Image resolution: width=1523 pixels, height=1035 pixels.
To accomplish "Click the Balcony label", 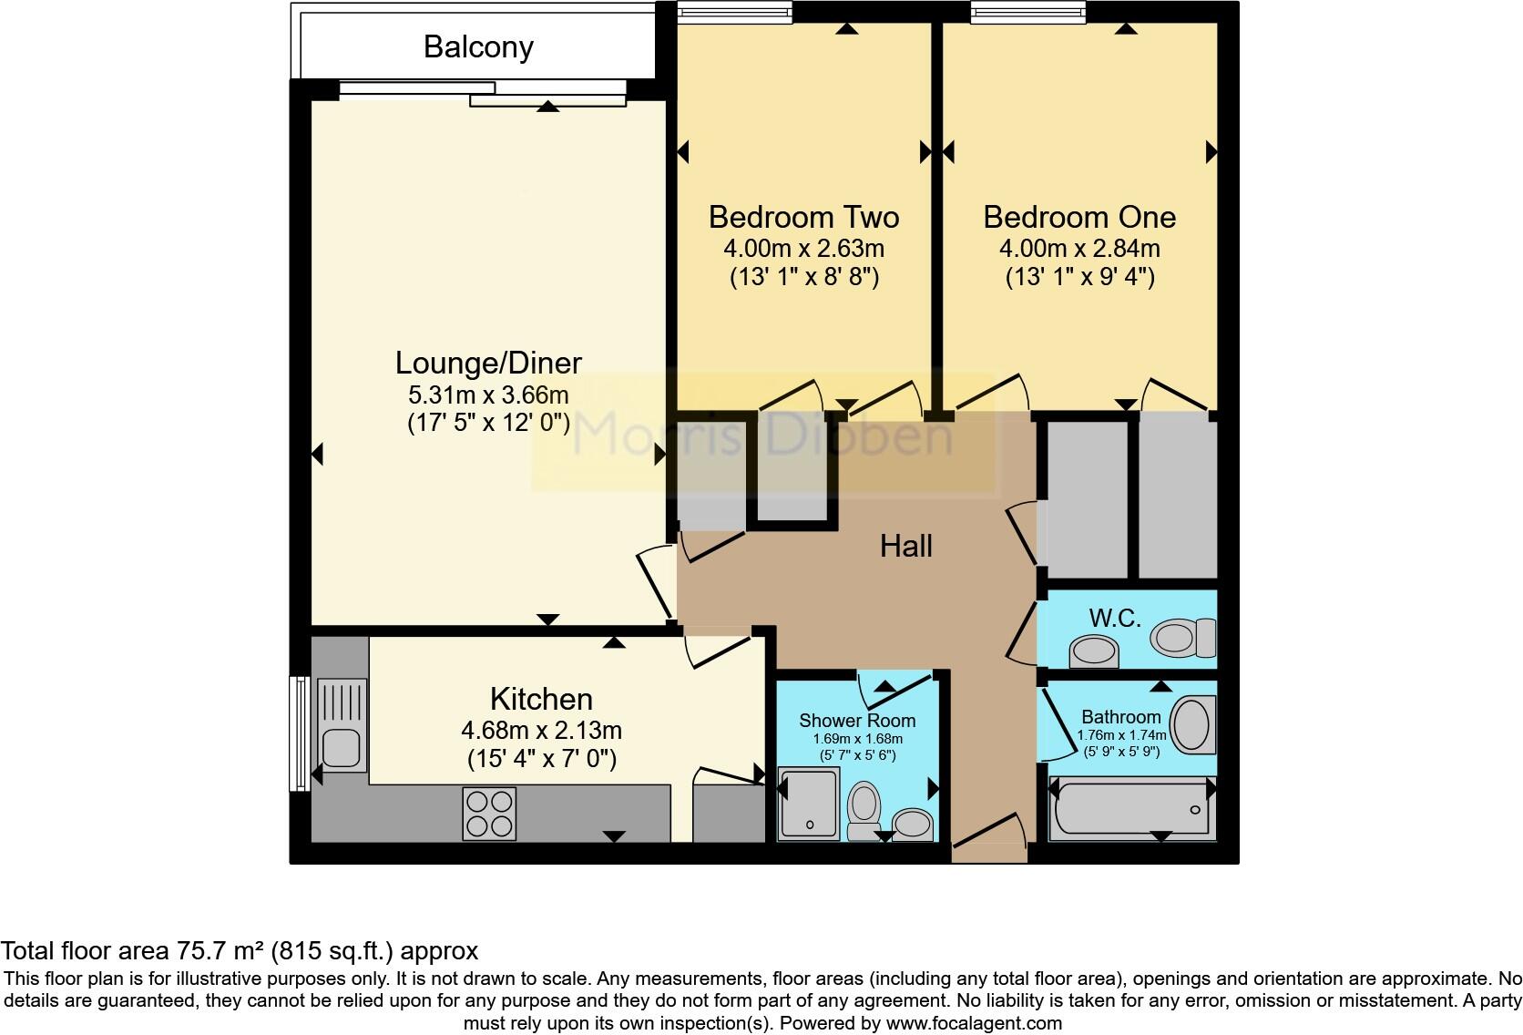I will [x=478, y=47].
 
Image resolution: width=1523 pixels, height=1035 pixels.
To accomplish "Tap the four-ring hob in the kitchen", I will [x=489, y=813].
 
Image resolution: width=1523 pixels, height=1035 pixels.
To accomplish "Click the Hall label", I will [x=905, y=546].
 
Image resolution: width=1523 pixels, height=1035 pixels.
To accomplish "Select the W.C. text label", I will [x=1115, y=619].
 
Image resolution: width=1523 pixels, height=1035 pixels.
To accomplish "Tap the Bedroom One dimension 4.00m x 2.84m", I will [x=1079, y=248].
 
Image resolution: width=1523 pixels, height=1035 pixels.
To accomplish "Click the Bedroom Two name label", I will [x=803, y=217].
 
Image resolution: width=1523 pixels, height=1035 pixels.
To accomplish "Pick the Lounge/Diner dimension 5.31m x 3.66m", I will [x=488, y=395].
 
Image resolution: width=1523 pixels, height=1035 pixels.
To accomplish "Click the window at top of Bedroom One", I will [x=1028, y=12].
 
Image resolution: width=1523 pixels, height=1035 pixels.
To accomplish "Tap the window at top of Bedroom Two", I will [x=735, y=12].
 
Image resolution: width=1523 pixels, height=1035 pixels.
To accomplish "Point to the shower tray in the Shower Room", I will [x=808, y=803].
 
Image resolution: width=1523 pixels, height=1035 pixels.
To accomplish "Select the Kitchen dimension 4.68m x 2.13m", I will [x=541, y=730].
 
